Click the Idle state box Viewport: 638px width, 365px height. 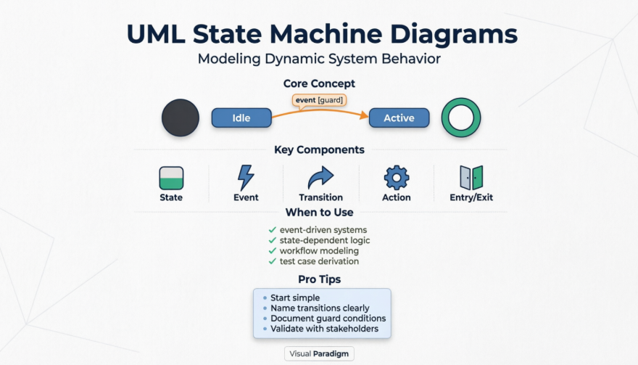(x=241, y=118)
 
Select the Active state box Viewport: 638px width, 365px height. (x=399, y=118)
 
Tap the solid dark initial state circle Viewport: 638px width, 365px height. (x=181, y=118)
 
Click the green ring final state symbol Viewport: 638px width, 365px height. (x=461, y=118)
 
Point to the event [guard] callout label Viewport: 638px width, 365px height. (x=319, y=99)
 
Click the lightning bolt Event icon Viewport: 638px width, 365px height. (x=246, y=178)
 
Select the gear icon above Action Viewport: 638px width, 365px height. (x=396, y=178)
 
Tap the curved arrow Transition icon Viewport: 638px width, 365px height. (x=320, y=178)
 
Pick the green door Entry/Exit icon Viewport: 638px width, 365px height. (x=471, y=178)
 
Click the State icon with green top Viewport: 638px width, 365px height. (x=171, y=178)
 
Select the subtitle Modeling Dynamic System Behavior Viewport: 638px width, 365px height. (x=319, y=60)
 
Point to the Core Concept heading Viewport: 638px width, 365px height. (x=319, y=84)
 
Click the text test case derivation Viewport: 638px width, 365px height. (x=319, y=261)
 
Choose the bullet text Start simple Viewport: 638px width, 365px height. (x=295, y=298)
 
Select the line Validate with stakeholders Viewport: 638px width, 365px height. (x=325, y=329)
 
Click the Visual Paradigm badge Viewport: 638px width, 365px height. (x=319, y=354)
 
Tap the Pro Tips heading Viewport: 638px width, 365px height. (x=319, y=279)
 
